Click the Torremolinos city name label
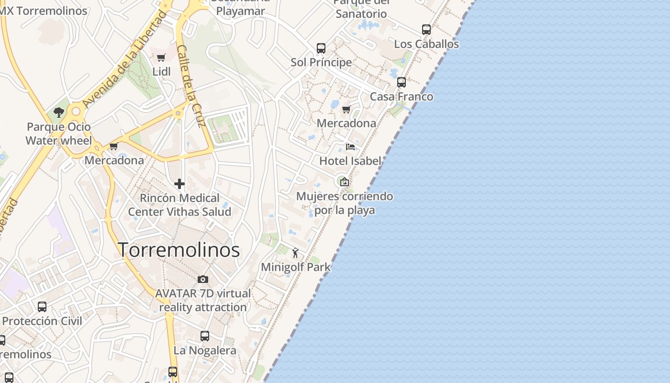pyautogui.click(x=179, y=250)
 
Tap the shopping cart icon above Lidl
pyautogui.click(x=161, y=58)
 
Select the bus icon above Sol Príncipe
pyautogui.click(x=321, y=48)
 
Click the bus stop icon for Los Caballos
pyautogui.click(x=426, y=30)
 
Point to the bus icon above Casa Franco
pyautogui.click(x=402, y=82)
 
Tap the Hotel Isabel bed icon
pyautogui.click(x=350, y=146)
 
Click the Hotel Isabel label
pyautogui.click(x=350, y=161)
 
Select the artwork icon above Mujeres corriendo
pyautogui.click(x=344, y=182)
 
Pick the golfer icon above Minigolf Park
pyautogui.click(x=295, y=253)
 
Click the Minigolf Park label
pyautogui.click(x=296, y=267)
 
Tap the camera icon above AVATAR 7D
pyautogui.click(x=203, y=279)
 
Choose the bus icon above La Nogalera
pyautogui.click(x=205, y=336)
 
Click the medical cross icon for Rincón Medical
pyautogui.click(x=179, y=184)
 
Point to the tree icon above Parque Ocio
pyautogui.click(x=59, y=113)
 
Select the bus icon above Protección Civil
pyautogui.click(x=42, y=307)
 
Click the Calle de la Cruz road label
pyautogui.click(x=191, y=86)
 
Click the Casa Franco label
pyautogui.click(x=402, y=97)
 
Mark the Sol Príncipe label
pyautogui.click(x=321, y=63)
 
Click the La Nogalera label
pyautogui.click(x=205, y=350)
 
